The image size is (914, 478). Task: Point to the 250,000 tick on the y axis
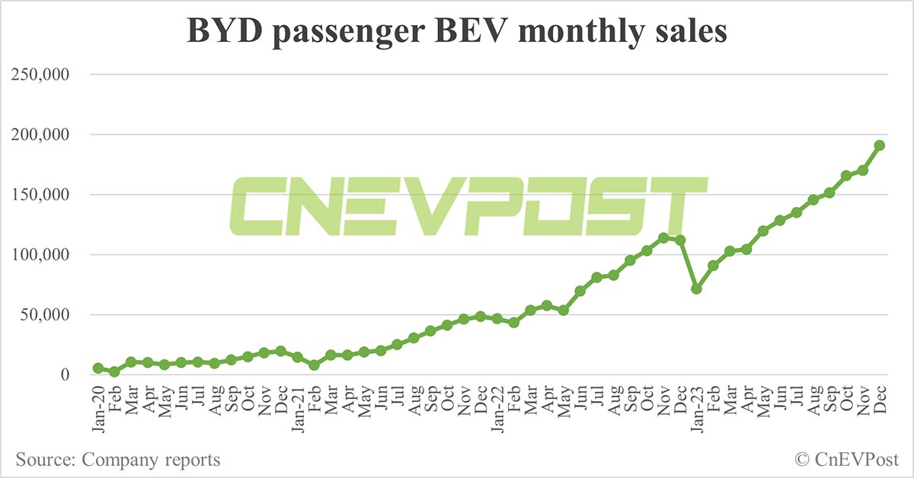coord(41,75)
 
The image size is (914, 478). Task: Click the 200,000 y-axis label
coord(41,135)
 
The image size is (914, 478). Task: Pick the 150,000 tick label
coord(41,195)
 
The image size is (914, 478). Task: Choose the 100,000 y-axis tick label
coord(41,255)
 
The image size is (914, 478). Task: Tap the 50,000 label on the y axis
coord(45,315)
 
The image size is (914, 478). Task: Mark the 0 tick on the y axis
coord(65,375)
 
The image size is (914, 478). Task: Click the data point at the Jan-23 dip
coord(696,289)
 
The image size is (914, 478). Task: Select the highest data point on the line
coord(879,145)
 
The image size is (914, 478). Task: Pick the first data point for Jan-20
coord(98,368)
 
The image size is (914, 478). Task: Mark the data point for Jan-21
coord(297,357)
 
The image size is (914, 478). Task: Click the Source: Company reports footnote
coord(117,460)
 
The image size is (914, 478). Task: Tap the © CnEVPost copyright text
coord(846,460)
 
